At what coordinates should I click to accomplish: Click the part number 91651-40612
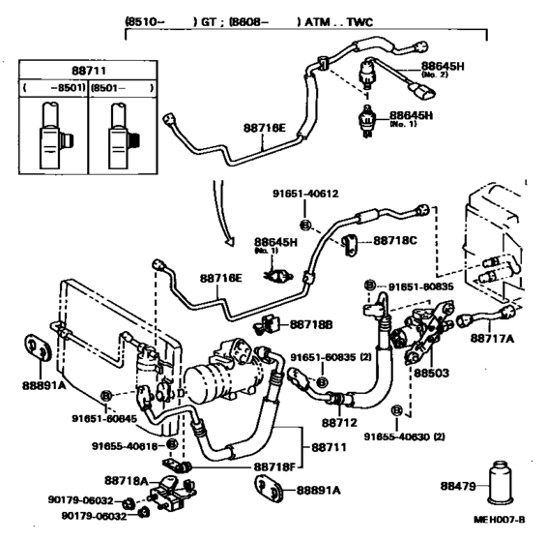pyautogui.click(x=308, y=195)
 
